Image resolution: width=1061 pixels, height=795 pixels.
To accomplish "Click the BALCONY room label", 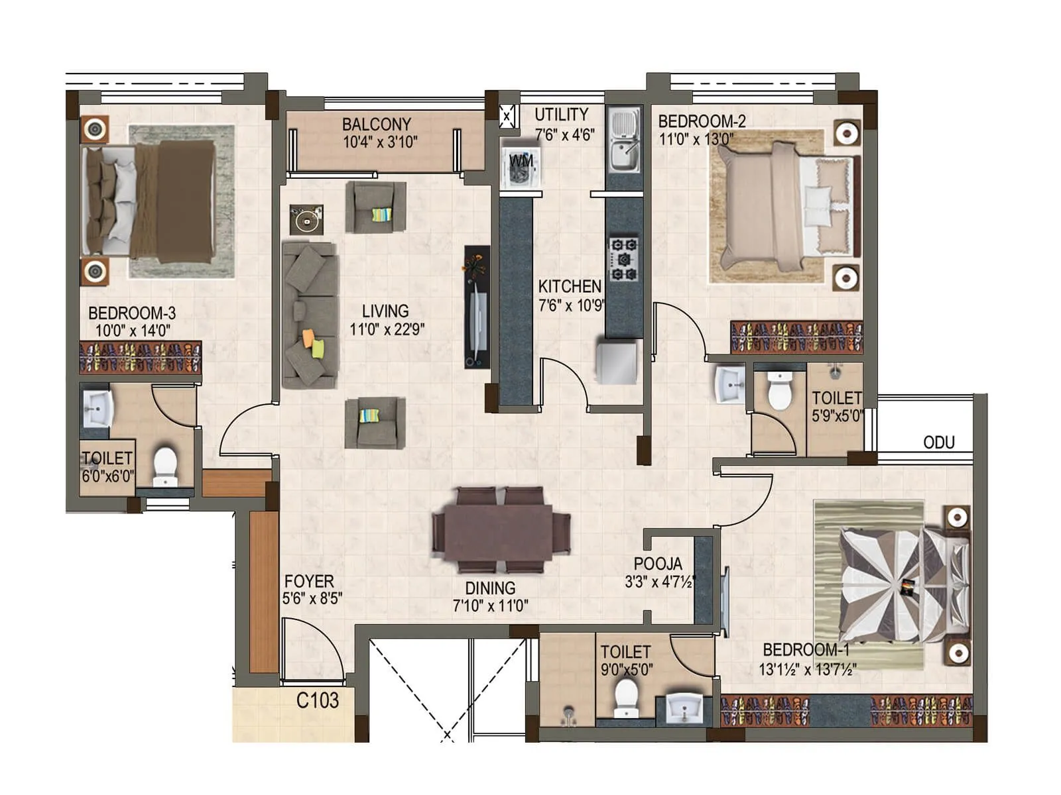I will [376, 124].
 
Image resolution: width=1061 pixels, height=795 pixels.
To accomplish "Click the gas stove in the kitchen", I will [624, 259].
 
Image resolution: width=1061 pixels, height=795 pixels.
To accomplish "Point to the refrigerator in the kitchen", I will [618, 362].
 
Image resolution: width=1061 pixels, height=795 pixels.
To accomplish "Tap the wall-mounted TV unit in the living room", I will [477, 307].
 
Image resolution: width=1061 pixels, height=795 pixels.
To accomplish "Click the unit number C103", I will [317, 700].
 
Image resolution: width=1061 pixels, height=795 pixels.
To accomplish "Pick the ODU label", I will [938, 443].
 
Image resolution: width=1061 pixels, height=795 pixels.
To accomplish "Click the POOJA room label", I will [657, 564].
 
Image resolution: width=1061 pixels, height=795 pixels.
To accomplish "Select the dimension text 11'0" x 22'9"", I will [387, 329].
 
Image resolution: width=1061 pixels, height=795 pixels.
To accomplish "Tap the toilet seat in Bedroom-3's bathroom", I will [164, 464].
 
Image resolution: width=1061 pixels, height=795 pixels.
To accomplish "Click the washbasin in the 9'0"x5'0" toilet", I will [684, 708].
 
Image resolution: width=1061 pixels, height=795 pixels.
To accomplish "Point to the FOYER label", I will [308, 582].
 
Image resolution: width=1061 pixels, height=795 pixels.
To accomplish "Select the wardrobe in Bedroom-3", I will [140, 358].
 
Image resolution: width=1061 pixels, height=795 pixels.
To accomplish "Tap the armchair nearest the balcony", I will [376, 207].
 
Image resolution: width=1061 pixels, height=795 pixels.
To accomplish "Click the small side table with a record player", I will [306, 219].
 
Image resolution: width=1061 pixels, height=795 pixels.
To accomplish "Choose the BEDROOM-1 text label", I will [805, 650].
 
